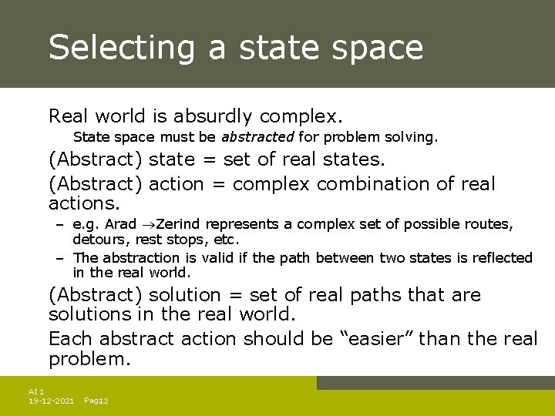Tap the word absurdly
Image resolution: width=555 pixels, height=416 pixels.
[213, 117]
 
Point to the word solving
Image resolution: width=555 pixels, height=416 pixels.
[415, 138]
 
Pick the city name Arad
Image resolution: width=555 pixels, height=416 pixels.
[120, 225]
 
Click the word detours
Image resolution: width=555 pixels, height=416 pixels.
[98, 240]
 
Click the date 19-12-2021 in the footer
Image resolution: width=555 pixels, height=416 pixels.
[51, 401]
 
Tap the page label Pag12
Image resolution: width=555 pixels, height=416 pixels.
[96, 401]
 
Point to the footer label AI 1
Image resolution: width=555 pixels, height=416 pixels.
[36, 391]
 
